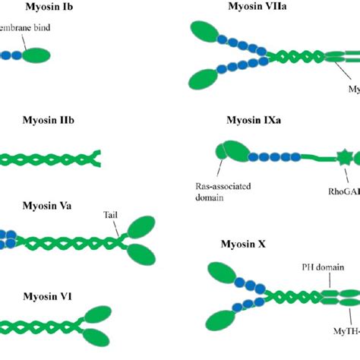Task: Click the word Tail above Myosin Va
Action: (112, 216)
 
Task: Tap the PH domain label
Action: (318, 267)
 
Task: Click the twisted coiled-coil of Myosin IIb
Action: (49, 159)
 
